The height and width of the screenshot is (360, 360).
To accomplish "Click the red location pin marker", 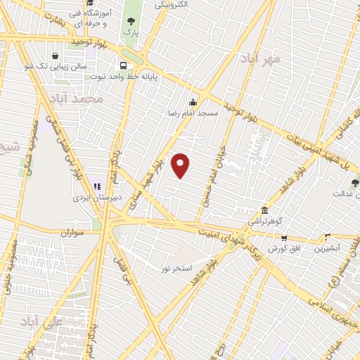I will [x=181, y=165].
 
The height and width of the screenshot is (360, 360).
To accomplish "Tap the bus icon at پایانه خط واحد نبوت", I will [x=124, y=67].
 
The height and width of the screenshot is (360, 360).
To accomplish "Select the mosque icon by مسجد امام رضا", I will [x=193, y=103].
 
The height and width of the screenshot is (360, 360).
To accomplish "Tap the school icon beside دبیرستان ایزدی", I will [x=97, y=187].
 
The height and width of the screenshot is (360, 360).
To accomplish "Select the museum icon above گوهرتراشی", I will [x=264, y=210].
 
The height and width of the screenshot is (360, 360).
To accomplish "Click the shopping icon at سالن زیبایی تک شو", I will [x=56, y=56].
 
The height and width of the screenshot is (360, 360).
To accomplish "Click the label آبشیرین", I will [x=328, y=248].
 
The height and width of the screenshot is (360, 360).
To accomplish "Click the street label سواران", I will [x=72, y=231].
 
